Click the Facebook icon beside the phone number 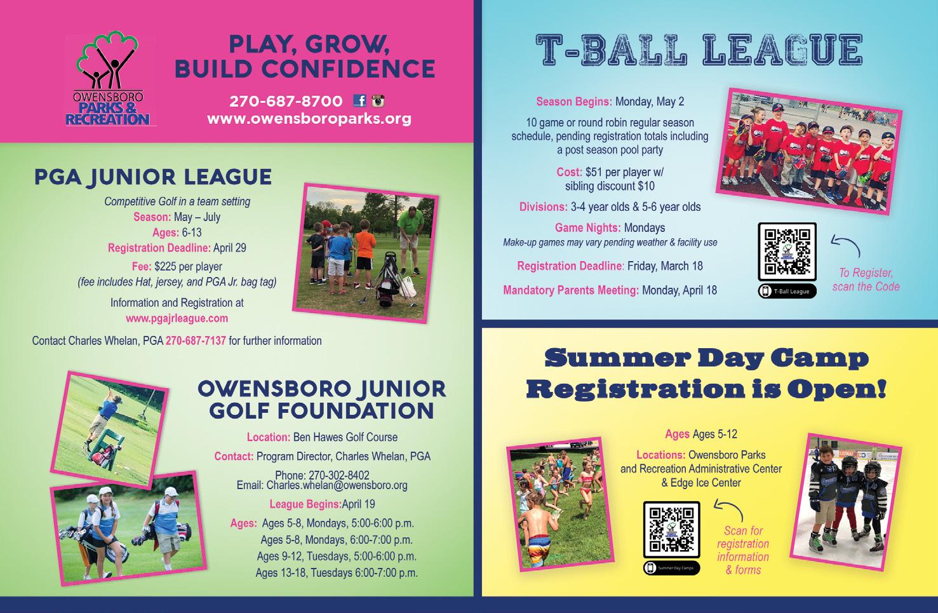(x=359, y=100)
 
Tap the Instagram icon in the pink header (x=379, y=101)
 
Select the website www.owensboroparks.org (x=309, y=119)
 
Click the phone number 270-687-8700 (x=286, y=101)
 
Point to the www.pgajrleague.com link (x=177, y=318)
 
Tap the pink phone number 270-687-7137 (x=196, y=340)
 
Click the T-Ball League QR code (x=787, y=252)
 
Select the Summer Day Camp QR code (x=672, y=530)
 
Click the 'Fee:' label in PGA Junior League (x=142, y=266)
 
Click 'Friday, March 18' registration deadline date (x=665, y=266)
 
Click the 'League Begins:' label (x=305, y=504)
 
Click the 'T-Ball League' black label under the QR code (x=787, y=291)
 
